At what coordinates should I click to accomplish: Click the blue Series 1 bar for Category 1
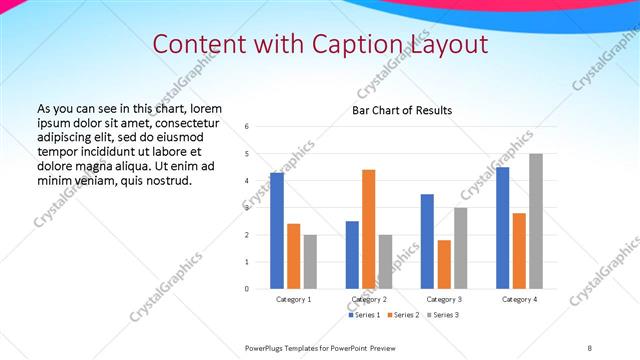(x=277, y=231)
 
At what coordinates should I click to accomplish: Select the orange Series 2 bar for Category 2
(x=369, y=229)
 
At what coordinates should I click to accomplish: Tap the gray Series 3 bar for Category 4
(x=536, y=221)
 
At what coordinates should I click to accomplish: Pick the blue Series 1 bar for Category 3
(x=428, y=241)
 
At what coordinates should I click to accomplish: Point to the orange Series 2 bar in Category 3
(x=444, y=264)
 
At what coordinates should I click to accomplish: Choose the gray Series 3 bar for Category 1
(x=310, y=262)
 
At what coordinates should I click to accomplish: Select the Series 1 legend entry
(x=364, y=315)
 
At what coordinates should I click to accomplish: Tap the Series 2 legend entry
(x=403, y=315)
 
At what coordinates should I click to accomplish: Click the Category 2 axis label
(x=369, y=299)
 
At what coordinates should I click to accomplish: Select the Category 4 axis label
(x=519, y=299)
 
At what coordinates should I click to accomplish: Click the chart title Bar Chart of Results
(x=402, y=110)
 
